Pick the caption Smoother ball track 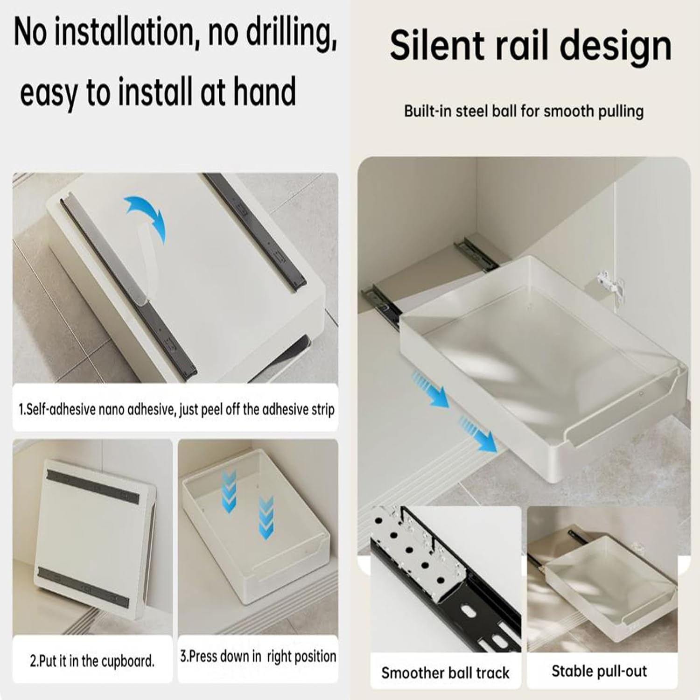point(445,673)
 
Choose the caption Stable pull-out point(599,671)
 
